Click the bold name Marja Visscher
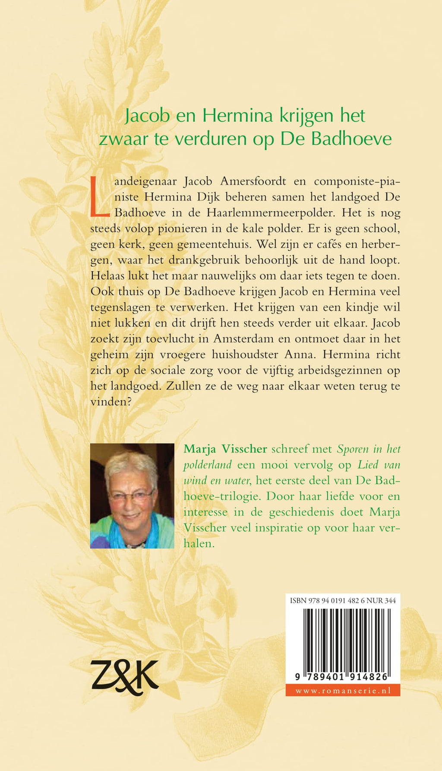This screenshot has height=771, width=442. (225, 449)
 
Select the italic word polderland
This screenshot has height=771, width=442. (208, 465)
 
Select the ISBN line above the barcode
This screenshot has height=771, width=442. (343, 600)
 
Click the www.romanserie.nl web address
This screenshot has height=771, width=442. (343, 690)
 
